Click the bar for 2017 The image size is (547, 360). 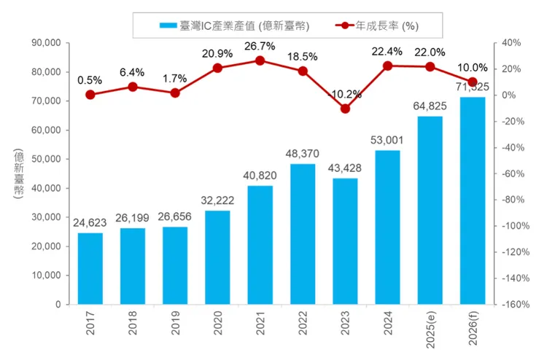coord(90,268)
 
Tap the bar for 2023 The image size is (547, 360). coord(345,241)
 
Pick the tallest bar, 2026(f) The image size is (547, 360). coord(473,200)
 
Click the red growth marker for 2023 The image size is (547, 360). coord(345,109)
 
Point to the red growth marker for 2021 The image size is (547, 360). coord(260,60)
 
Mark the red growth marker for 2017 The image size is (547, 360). coord(90,95)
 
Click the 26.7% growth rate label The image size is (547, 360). coord(260,46)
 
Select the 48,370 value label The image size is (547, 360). coord(303,154)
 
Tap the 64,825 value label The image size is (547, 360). coord(430,106)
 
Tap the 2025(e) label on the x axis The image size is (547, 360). coord(430,331)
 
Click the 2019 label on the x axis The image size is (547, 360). coord(175,324)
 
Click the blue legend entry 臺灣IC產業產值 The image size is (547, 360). coord(233,26)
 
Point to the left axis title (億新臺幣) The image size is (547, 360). coord(18,173)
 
